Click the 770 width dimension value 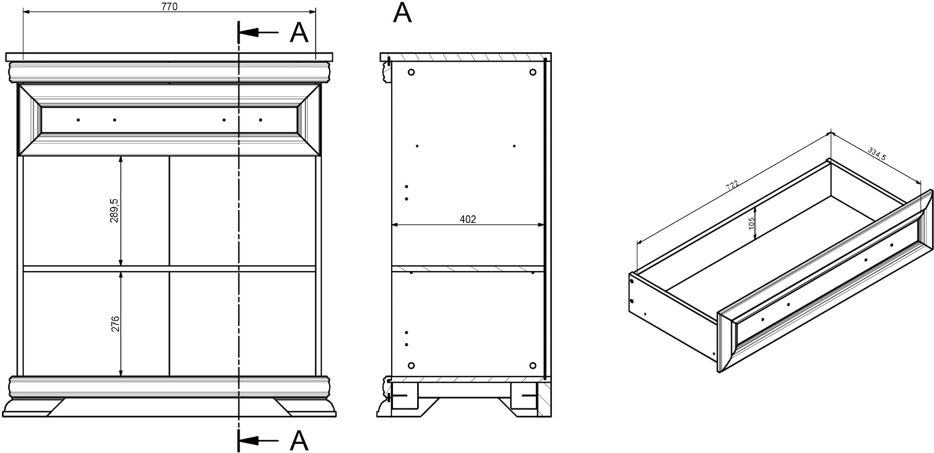tap(169, 7)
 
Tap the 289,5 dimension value tap(114, 211)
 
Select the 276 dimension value tap(116, 324)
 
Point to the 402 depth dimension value tap(468, 219)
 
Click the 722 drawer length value tap(732, 184)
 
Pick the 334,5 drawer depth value tap(877, 154)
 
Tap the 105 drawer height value tap(751, 223)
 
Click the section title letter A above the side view tap(402, 13)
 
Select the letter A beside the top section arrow tap(299, 33)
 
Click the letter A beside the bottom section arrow tap(299, 441)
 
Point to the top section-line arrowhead tap(249, 32)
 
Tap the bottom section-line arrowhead tap(249, 441)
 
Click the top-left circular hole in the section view tap(411, 72)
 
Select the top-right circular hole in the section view tap(533, 72)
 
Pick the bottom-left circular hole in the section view tap(411, 365)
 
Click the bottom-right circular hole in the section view tap(533, 365)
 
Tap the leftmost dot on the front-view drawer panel tap(78, 120)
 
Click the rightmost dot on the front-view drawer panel tap(260, 120)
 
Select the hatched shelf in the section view tap(468, 269)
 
